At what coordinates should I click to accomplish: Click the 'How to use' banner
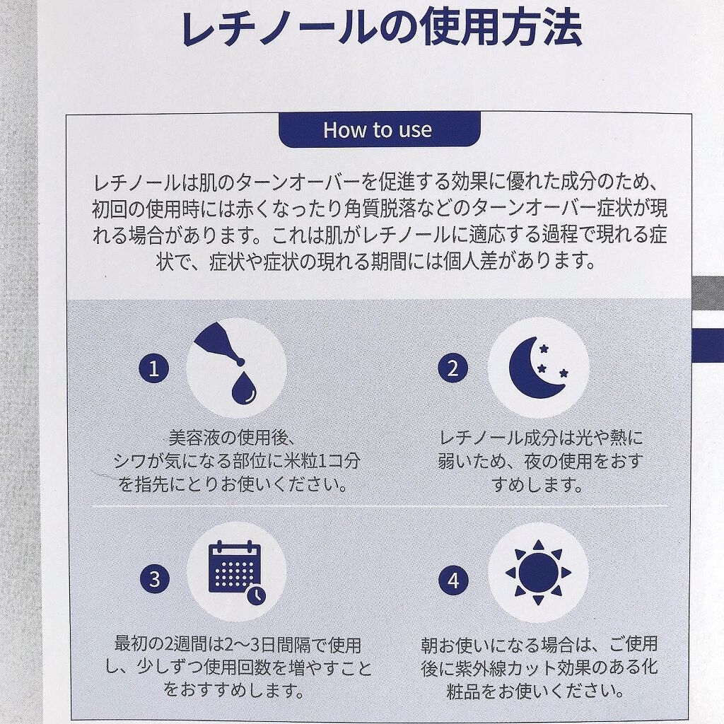(378, 130)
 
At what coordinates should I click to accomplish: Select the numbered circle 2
(452, 368)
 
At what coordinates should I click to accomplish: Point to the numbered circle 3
(154, 580)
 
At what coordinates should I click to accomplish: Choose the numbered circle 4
(453, 580)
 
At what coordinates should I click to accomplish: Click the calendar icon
(235, 569)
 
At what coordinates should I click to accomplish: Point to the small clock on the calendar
(257, 594)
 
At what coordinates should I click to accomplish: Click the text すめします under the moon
(537, 486)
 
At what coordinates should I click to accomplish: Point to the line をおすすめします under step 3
(235, 689)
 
